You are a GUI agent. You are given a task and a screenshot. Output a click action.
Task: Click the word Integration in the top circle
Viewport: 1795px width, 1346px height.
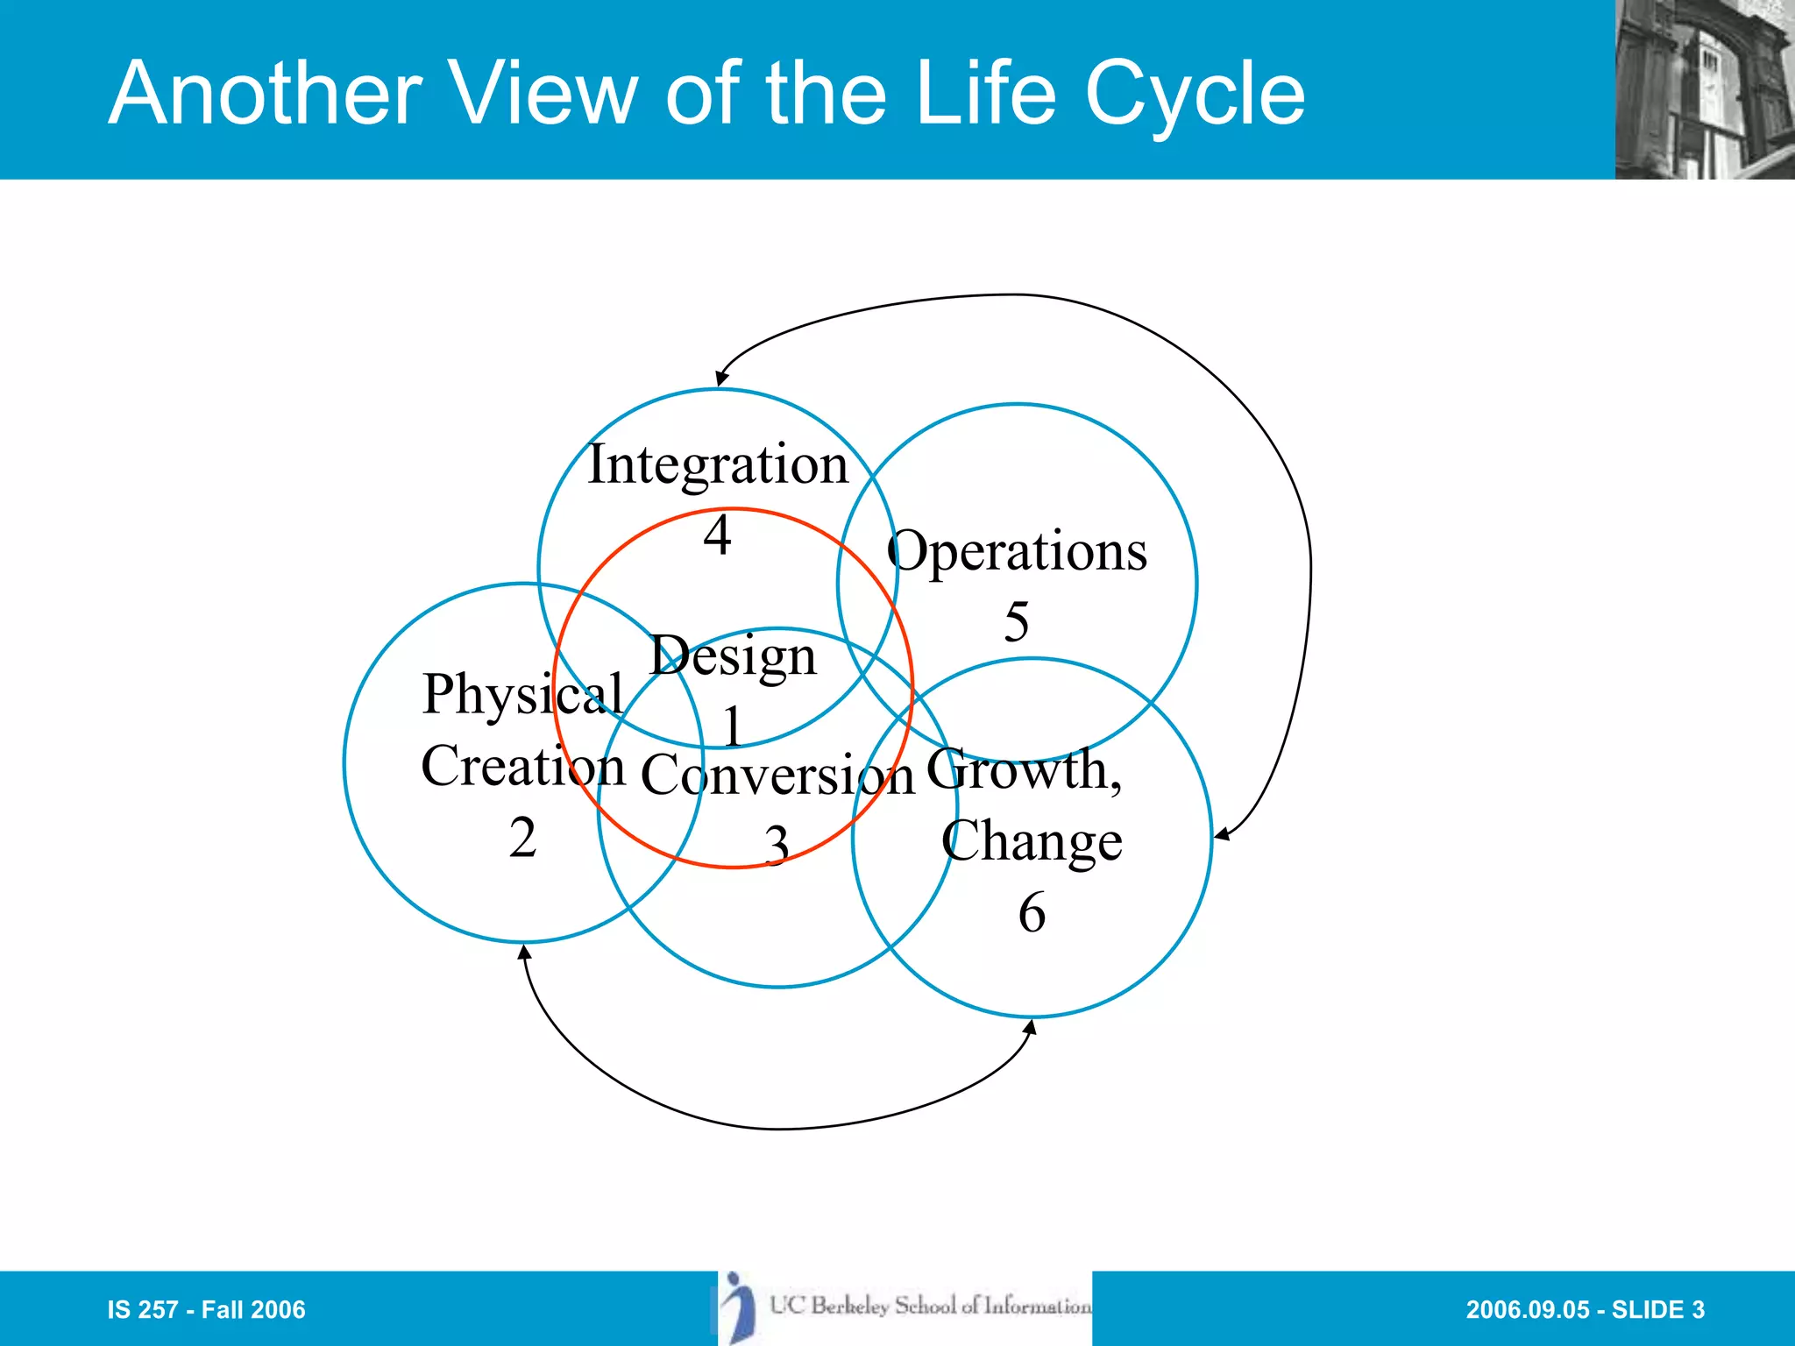tap(718, 464)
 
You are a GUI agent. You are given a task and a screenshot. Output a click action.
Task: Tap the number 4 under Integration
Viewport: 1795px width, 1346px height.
tap(718, 535)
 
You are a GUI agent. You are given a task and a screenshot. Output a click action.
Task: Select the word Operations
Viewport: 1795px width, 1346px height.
tap(1017, 552)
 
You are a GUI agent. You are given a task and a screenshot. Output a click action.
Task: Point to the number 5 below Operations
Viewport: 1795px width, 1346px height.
tap(1016, 622)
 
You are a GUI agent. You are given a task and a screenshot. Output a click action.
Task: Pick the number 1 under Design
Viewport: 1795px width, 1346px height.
tap(734, 726)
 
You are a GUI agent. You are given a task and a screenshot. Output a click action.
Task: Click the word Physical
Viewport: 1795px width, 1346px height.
tap(522, 695)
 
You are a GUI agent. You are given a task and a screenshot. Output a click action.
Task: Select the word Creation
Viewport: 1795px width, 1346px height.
tap(523, 767)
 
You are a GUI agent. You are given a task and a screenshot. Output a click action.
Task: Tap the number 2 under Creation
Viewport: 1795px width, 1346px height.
tap(522, 838)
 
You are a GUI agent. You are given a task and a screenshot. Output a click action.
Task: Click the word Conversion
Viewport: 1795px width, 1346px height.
tap(777, 776)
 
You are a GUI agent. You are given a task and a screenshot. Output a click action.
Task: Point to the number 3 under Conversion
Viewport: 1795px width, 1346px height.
tap(777, 846)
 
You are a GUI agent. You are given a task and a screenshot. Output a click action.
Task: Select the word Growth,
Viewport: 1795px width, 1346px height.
tap(1024, 770)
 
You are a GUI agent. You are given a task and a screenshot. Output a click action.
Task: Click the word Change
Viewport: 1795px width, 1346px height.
tap(1032, 841)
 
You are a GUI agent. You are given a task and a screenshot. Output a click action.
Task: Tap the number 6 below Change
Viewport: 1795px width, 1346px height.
tap(1032, 912)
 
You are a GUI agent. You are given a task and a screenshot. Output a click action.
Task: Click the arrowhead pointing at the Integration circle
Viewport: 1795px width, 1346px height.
tap(720, 379)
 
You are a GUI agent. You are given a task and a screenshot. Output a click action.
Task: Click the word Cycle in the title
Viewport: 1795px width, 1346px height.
tap(1195, 94)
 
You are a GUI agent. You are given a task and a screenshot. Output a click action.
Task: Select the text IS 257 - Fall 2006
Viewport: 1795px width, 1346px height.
tap(206, 1309)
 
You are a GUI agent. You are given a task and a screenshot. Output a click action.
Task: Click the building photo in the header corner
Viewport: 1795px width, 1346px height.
tap(1705, 89)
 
